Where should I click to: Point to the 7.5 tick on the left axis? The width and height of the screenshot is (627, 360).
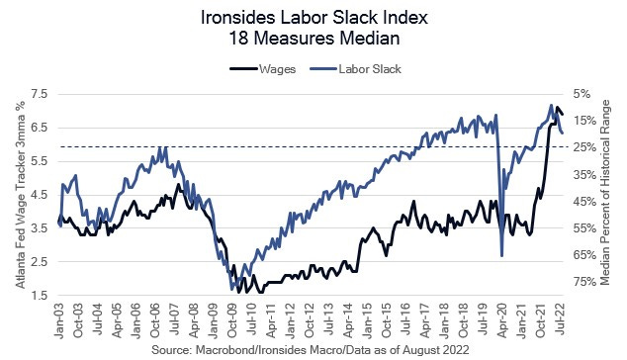click(x=40, y=93)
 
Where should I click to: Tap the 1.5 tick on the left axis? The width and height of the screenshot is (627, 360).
click(x=40, y=296)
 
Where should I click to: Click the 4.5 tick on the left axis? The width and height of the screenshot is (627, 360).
click(x=40, y=195)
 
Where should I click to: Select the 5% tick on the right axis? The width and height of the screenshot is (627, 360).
click(x=582, y=94)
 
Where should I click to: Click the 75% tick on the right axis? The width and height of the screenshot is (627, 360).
click(x=582, y=282)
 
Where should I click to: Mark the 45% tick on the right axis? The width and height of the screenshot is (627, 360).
click(x=582, y=202)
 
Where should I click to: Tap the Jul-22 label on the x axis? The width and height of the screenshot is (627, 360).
click(x=561, y=318)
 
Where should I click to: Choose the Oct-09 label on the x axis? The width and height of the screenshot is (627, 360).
click(x=231, y=318)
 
